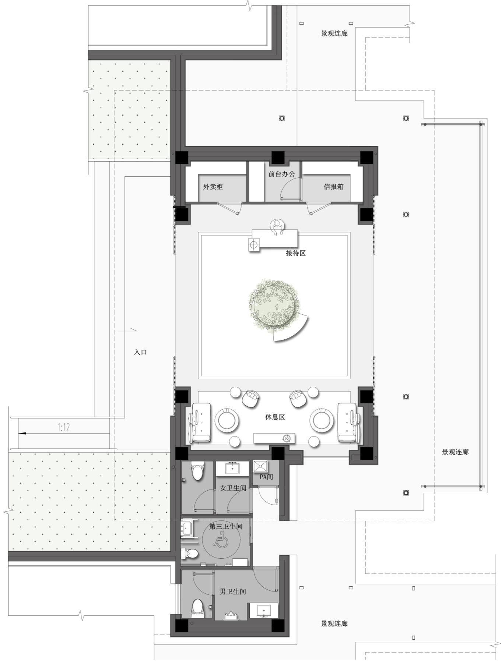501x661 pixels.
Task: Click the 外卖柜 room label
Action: [x=213, y=187]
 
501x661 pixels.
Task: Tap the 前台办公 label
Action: [x=281, y=174]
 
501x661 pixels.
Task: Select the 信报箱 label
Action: [x=333, y=187]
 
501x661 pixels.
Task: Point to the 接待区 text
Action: [x=296, y=253]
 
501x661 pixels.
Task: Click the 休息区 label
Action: [x=275, y=417]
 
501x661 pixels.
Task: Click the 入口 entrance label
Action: [x=140, y=352]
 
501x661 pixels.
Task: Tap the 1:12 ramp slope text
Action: [x=64, y=427]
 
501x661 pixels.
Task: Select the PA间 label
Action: [x=266, y=477]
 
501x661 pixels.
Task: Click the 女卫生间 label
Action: [x=233, y=488]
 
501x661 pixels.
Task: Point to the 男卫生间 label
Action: [x=233, y=592]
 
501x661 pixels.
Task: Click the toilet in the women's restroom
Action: [x=197, y=470]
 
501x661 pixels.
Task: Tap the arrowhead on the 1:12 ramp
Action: [x=22, y=433]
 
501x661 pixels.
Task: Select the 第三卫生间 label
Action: [x=226, y=526]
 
